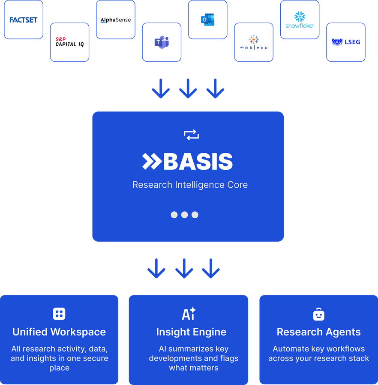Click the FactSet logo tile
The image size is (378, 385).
coord(24,20)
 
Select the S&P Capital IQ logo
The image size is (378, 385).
coord(69,42)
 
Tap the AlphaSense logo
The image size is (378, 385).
coord(115,20)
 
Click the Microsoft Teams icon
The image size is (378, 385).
coord(162,42)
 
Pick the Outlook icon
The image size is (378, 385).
coord(207,20)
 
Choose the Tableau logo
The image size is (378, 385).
coord(253,42)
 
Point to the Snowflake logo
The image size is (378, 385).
coord(300,20)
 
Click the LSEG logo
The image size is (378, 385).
coord(346,42)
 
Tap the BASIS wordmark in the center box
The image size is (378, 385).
coord(188,162)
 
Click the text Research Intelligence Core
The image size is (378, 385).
coord(190,185)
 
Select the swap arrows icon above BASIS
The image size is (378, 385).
coord(191,135)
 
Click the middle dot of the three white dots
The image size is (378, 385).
coord(185,215)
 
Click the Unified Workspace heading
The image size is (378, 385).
coord(59,332)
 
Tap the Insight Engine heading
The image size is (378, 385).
coord(191,332)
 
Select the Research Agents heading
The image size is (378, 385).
coord(318,332)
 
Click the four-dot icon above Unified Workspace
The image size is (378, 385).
coord(59,314)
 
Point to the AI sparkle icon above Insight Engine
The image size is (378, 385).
coord(189,314)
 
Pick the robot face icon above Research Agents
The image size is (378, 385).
coord(318,314)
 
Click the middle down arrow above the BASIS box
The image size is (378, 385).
coord(188,89)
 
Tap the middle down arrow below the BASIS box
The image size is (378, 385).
coord(184,268)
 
